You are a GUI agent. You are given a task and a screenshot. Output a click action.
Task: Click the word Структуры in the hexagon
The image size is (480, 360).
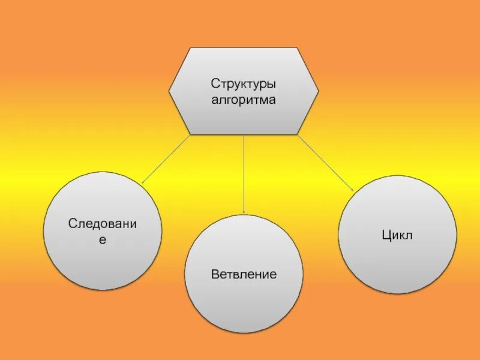click(243, 83)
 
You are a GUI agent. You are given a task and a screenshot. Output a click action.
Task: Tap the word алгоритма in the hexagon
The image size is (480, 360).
click(243, 100)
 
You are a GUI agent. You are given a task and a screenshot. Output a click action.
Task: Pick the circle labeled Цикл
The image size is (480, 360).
click(397, 258)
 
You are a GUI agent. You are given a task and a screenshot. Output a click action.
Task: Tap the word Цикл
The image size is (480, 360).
click(397, 235)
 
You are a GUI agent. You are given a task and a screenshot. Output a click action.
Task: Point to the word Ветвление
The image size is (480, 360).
click(244, 275)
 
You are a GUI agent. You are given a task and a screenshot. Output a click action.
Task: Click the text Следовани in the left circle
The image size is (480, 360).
click(103, 224)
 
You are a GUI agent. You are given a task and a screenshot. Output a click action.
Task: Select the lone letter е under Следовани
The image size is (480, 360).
click(102, 239)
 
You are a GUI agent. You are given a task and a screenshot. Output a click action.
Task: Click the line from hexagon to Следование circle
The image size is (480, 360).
click(166, 158)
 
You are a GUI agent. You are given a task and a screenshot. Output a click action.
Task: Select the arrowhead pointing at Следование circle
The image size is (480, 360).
click(144, 181)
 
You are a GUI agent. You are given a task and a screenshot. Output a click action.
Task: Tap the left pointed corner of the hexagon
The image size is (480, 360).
click(170, 91)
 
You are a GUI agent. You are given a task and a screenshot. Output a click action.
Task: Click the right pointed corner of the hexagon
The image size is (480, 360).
click(317, 91)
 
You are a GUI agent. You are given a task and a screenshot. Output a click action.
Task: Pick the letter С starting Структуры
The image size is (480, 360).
click(214, 83)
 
